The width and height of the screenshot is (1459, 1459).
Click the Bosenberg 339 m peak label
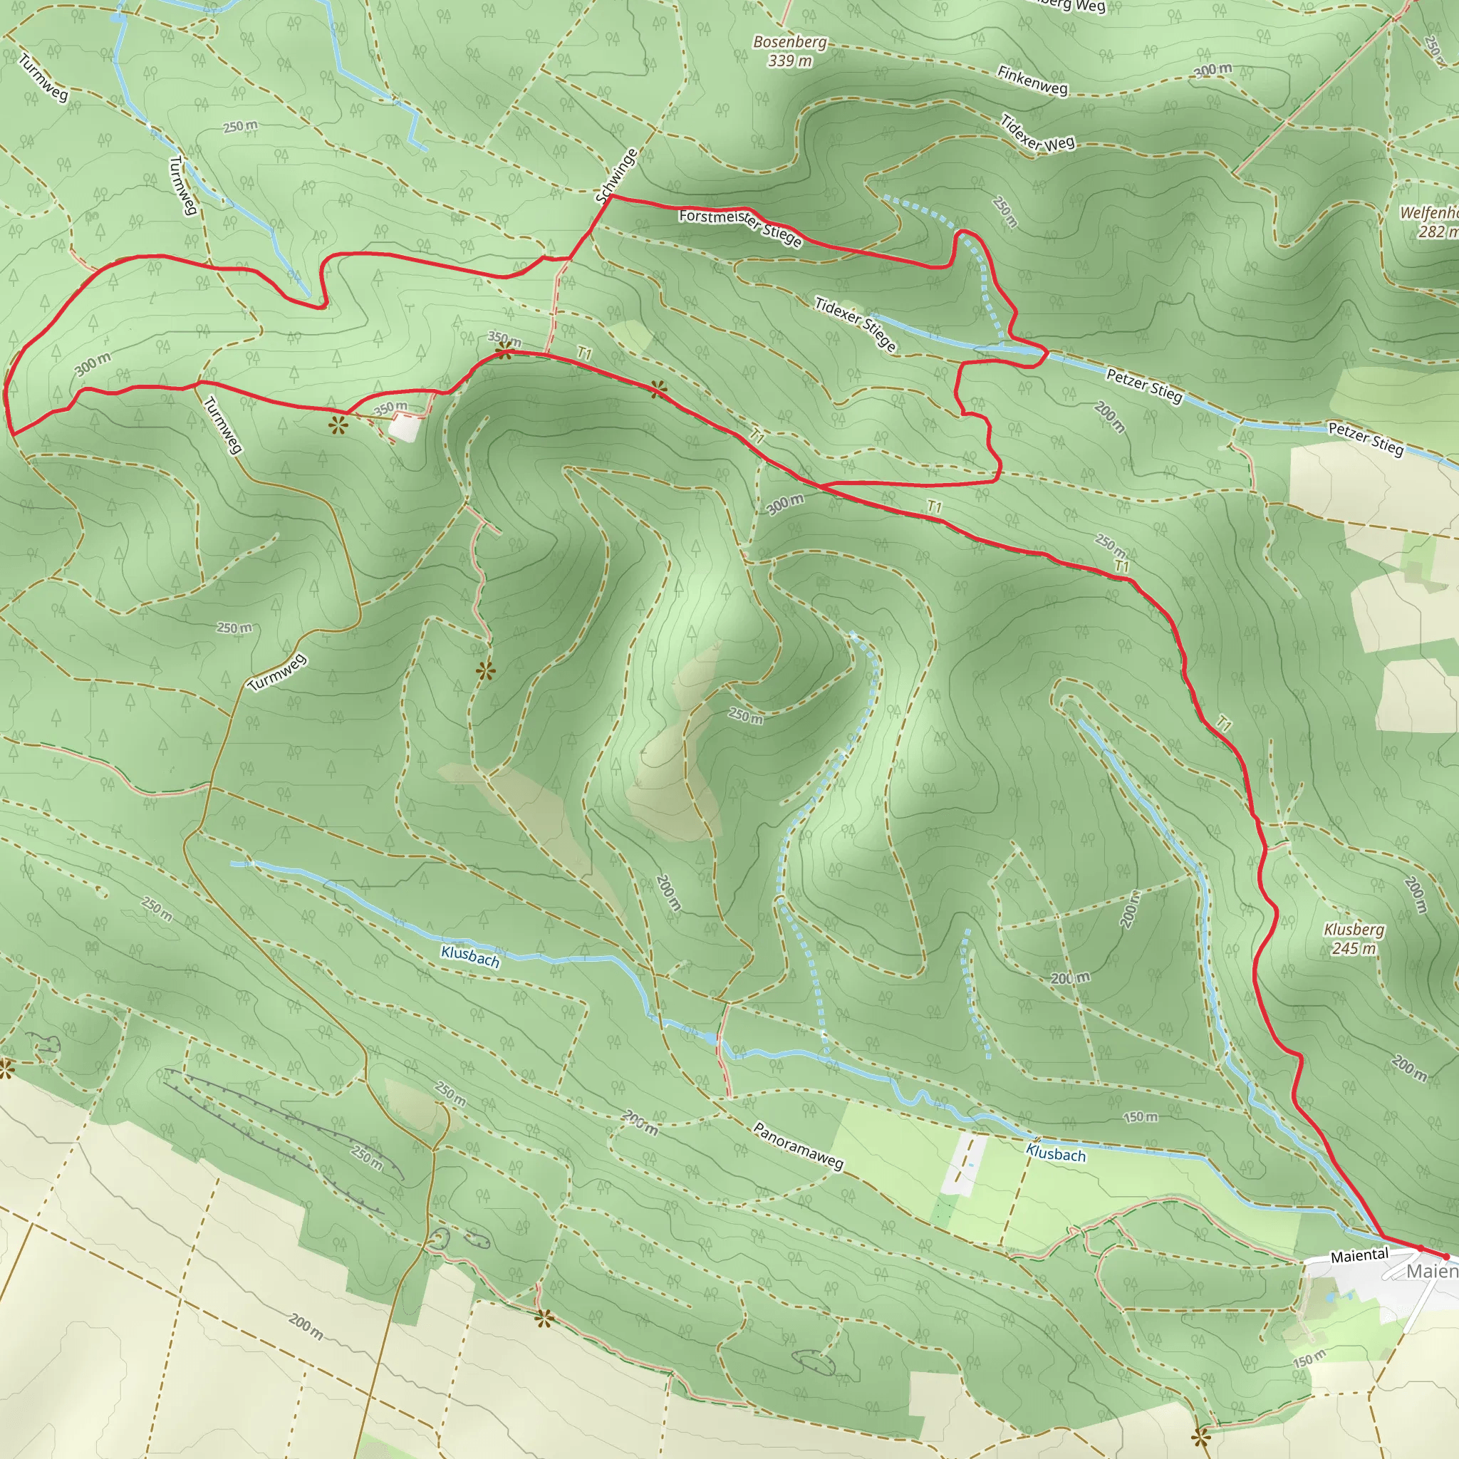coord(790,51)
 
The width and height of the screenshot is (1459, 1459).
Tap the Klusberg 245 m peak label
coord(1354,939)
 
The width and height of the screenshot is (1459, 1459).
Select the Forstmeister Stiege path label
coord(739,227)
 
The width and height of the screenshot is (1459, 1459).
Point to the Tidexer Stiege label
coord(855,324)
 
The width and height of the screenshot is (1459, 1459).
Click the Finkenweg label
coord(1032,80)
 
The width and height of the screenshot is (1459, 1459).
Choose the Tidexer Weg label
coord(1037,133)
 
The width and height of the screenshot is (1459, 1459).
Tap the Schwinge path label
coord(616,176)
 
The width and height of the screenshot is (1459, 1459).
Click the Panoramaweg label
coord(797,1146)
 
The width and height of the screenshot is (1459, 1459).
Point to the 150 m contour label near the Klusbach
coord(1140,1117)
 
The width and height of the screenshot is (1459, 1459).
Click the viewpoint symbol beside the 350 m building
coord(337,425)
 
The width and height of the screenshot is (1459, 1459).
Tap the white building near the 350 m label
coord(405,427)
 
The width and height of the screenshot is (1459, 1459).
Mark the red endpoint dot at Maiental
coord(1445,1257)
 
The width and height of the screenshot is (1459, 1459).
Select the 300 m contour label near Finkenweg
coord(1213,71)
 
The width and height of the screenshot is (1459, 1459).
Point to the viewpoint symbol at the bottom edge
coord(1200,1435)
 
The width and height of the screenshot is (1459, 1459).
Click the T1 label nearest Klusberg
coord(1223,725)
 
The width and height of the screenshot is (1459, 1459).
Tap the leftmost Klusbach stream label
coord(469,956)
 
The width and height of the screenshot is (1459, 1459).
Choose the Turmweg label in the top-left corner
coord(43,78)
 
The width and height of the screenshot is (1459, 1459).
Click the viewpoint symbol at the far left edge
coord(6,1069)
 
